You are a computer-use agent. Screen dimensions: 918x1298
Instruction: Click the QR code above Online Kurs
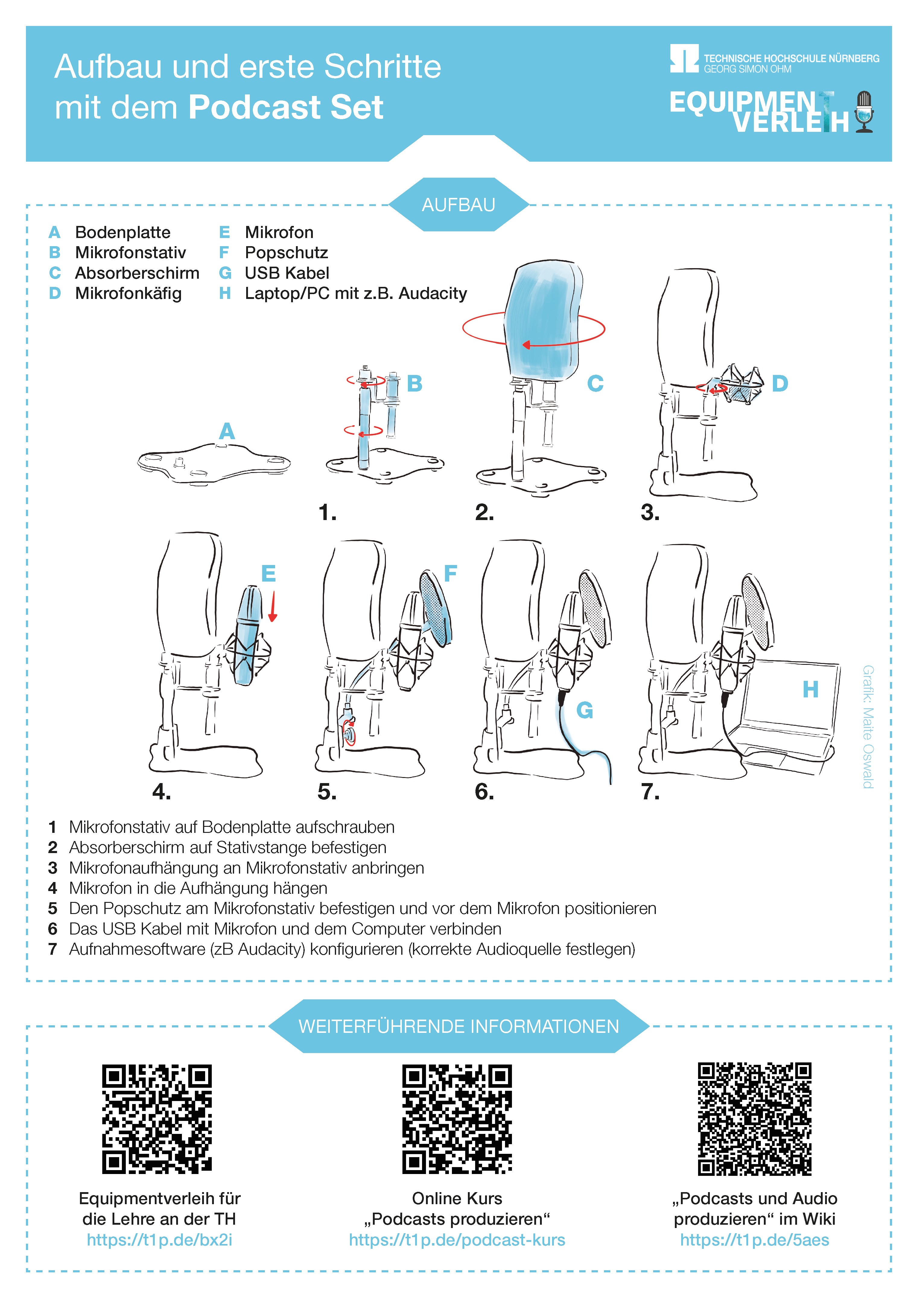457,1119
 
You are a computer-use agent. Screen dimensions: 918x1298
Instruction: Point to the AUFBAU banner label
459,205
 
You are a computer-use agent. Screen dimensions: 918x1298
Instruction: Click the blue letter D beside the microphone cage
780,383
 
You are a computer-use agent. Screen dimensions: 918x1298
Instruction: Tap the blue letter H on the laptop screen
811,689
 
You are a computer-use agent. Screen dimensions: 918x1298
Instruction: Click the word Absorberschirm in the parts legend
137,273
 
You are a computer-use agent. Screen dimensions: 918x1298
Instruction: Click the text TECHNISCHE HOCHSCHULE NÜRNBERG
791,58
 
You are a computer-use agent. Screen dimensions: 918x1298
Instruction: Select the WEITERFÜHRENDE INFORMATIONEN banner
459,1026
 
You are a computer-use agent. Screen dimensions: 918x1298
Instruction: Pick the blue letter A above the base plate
227,431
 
